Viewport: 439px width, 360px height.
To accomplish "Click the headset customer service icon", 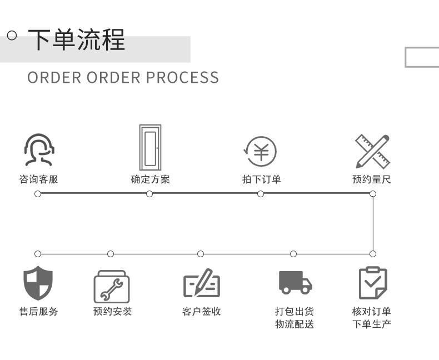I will coord(38,149).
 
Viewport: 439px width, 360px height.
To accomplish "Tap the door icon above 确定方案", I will coord(150,147).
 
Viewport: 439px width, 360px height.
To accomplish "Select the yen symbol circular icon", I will coord(261,151).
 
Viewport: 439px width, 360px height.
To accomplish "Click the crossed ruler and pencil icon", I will coord(372,151).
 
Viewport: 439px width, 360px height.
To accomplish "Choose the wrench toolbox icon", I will coord(111,286).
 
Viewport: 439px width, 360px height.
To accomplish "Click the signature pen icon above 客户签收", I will coord(201,283).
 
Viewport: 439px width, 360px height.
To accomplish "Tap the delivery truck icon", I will coord(295,282).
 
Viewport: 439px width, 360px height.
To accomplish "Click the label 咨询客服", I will coord(38,179).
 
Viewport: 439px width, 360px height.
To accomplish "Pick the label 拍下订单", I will coord(261,179).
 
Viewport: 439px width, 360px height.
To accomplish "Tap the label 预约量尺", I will coord(372,179).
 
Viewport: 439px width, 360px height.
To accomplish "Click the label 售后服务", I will coord(38,311).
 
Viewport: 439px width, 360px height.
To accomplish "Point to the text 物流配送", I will coord(294,324).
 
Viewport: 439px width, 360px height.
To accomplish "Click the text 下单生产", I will coord(372,324).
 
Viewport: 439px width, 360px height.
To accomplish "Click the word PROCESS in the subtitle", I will coord(182,77).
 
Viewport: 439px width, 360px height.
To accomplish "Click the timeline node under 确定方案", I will coord(149,193).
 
